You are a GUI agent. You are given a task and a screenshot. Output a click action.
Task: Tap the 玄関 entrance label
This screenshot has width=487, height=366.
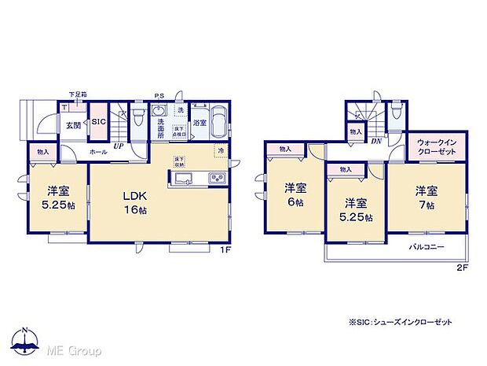pos(71,126)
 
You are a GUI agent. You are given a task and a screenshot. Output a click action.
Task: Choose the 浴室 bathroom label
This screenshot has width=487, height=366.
pos(200,124)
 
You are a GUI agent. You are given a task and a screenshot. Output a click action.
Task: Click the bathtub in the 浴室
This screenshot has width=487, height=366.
pos(219,122)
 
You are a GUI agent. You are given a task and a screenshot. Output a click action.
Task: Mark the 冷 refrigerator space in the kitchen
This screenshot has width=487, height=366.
pos(221,150)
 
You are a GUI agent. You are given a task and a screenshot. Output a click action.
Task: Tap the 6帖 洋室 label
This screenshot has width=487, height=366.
pos(295,194)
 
